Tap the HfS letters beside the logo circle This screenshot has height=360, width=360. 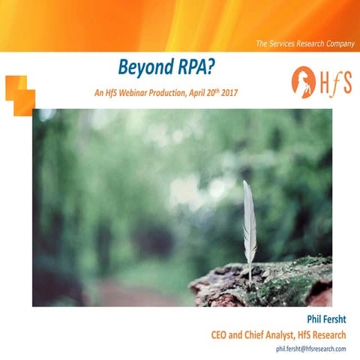pos(335,82)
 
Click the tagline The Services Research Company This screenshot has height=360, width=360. pos(305,43)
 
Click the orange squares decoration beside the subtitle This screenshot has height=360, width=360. pos(20,94)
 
